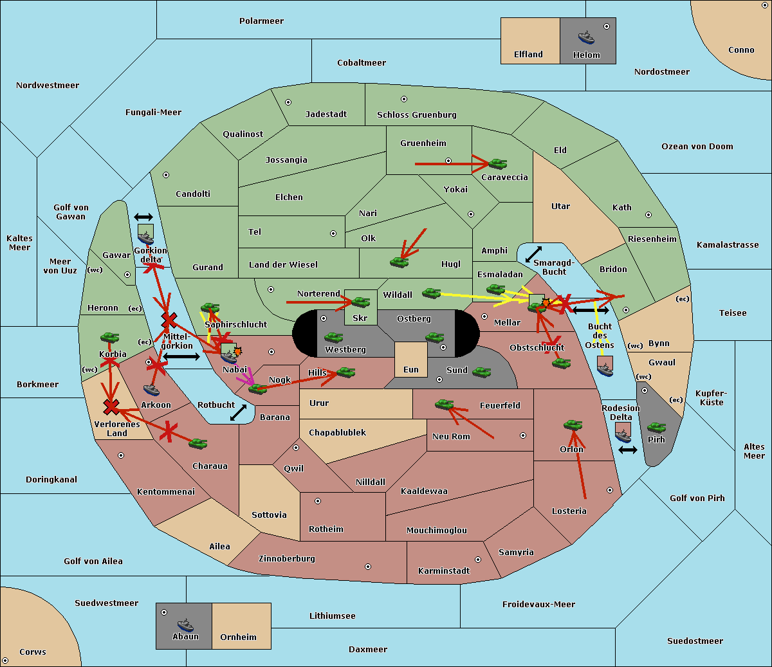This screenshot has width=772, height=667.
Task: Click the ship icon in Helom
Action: point(586,37)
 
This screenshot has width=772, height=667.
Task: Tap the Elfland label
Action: point(528,55)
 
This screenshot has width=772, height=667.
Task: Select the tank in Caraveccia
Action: point(497,164)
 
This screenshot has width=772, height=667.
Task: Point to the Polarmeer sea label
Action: point(261,21)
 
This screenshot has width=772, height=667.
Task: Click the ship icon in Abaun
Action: point(185,625)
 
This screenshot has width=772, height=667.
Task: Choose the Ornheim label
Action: point(238,637)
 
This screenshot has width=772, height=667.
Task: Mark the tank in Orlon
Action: point(573,425)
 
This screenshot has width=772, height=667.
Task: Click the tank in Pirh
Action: point(656,428)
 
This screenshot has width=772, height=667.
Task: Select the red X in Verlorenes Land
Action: point(111,407)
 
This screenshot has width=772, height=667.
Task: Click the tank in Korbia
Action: point(109,338)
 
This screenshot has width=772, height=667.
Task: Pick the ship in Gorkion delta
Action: point(146,234)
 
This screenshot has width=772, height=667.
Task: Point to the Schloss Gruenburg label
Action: point(416,115)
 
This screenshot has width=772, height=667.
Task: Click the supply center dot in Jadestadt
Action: point(288,102)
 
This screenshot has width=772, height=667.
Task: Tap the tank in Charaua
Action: point(198,443)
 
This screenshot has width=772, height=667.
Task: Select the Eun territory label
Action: point(410,370)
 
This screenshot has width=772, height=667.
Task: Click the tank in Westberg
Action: point(333,338)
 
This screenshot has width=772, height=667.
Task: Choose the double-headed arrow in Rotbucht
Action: point(238,413)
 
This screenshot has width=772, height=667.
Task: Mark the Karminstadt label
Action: point(444,571)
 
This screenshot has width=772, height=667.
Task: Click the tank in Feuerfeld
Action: point(444,405)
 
